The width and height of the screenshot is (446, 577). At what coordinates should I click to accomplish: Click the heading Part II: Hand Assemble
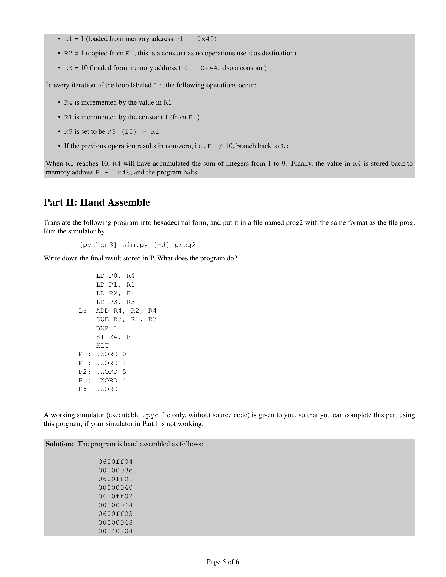tap(97, 202)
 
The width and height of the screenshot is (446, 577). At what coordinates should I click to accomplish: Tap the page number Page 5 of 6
tap(223, 562)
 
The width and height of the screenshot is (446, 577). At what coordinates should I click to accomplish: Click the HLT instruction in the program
tap(102, 346)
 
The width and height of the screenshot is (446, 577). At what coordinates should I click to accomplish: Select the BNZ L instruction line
tap(107, 328)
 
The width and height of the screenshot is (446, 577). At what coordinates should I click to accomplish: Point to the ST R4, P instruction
tap(113, 337)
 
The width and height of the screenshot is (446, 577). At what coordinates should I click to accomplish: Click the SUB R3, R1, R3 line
tap(126, 319)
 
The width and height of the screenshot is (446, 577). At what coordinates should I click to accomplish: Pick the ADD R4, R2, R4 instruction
tap(126, 311)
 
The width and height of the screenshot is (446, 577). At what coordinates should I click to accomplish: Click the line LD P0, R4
tap(115, 276)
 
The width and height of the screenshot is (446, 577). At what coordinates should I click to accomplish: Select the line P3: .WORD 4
tap(102, 381)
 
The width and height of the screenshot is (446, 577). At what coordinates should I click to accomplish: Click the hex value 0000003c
tap(115, 470)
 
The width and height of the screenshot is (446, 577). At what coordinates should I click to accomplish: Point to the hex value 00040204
tap(115, 531)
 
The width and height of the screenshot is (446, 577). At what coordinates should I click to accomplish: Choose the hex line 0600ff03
tap(115, 514)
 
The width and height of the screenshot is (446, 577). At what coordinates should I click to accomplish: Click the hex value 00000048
tap(115, 522)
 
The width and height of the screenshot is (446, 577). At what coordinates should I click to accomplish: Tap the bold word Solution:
tap(60, 444)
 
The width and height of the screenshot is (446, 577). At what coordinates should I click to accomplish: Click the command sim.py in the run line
tap(135, 245)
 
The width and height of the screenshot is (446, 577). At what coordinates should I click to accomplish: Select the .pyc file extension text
tap(151, 415)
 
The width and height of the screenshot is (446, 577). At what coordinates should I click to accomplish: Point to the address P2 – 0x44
tap(198, 68)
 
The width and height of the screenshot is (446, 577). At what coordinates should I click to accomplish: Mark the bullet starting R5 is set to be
tap(111, 132)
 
